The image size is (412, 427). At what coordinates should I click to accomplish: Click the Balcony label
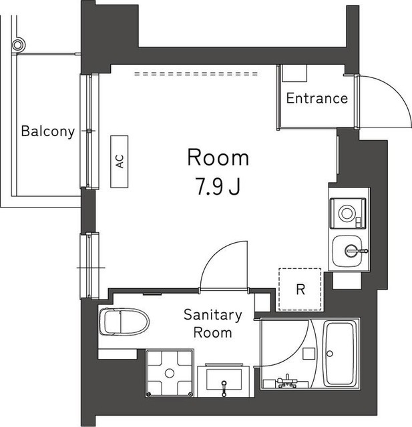coord(47,131)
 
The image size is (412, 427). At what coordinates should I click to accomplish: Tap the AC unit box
coord(120,161)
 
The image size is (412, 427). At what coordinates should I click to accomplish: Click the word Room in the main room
coord(218,158)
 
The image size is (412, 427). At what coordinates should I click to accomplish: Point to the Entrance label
coord(317,99)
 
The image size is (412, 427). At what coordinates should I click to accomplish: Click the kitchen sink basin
coord(348,251)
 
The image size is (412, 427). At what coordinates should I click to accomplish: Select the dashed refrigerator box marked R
coord(300,290)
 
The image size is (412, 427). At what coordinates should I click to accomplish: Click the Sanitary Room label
coord(213,324)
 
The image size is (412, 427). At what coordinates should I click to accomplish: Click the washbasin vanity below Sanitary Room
coord(223,382)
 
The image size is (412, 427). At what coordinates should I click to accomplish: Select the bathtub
coord(341,353)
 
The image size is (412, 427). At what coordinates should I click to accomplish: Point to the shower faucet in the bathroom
coord(287,381)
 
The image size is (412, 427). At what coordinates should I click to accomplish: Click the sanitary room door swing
coord(220,264)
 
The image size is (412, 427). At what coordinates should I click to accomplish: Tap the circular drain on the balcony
coord(19,45)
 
